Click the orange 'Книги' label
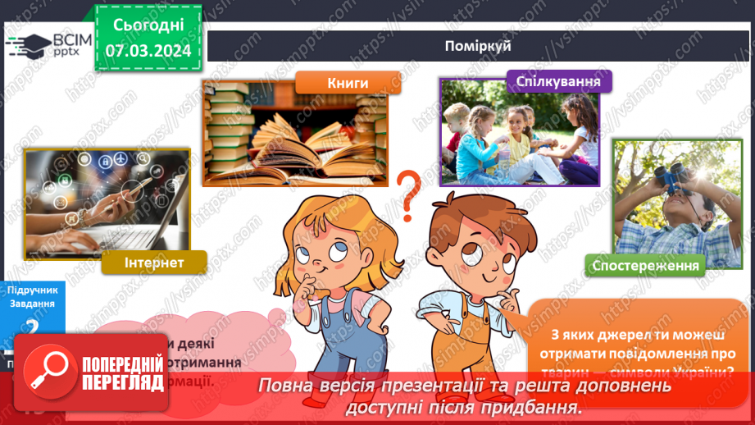(x=347, y=83)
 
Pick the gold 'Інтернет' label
(x=153, y=263)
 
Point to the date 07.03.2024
(x=148, y=51)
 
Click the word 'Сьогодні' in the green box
(x=148, y=26)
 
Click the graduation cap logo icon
(x=30, y=45)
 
